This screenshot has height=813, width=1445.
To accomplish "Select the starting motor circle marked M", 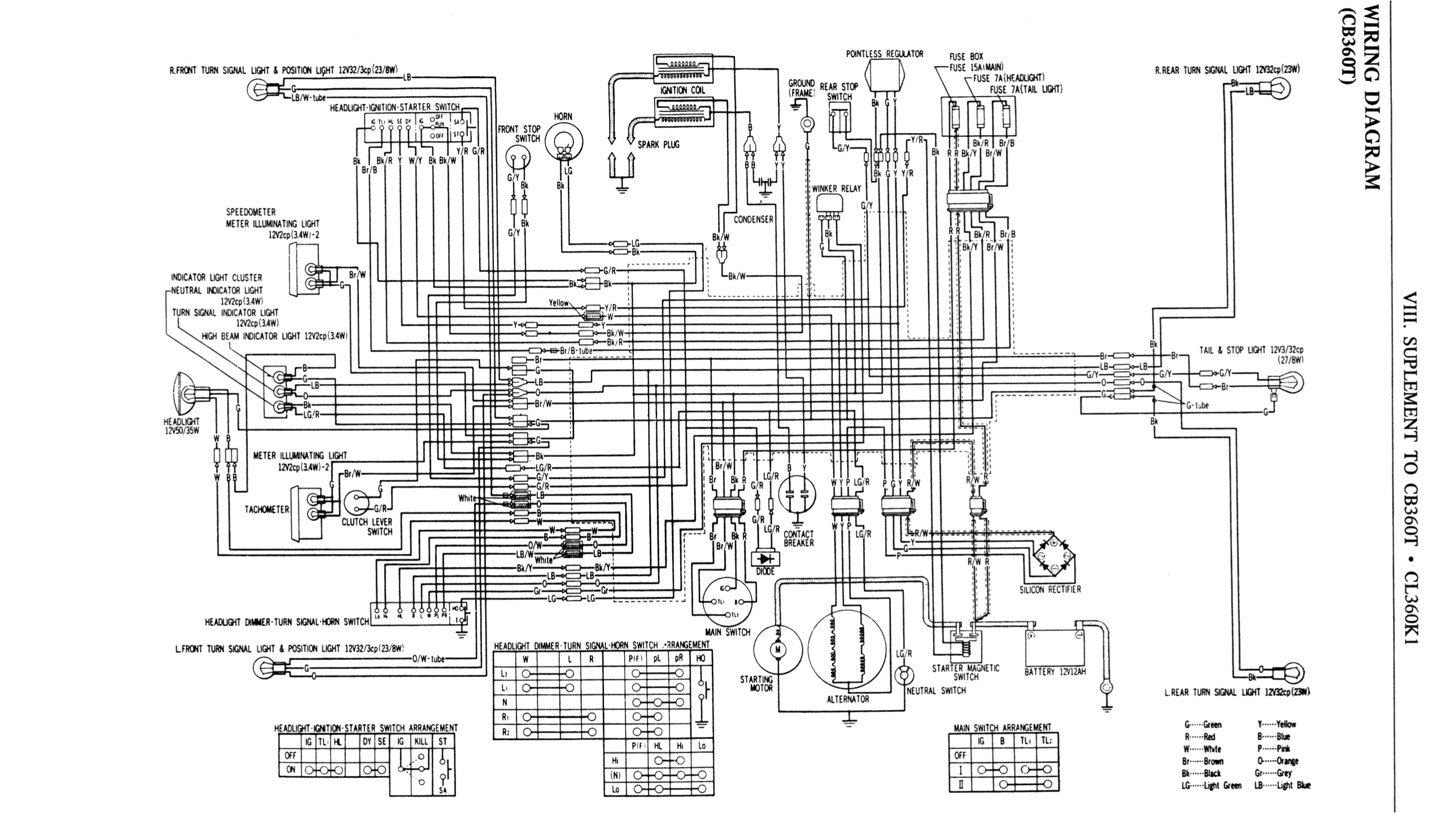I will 777,650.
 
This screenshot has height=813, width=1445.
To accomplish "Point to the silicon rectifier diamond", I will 1053,556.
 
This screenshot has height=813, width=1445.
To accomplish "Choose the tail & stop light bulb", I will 1289,383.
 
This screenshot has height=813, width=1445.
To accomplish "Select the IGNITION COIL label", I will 682,90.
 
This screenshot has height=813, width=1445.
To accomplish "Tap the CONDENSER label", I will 753,219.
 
